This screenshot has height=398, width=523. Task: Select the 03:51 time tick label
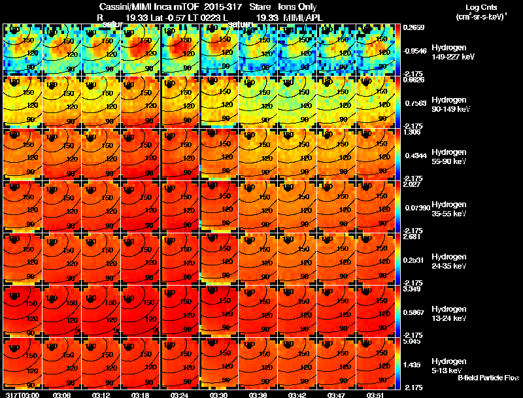375,395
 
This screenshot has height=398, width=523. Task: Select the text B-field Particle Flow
488,378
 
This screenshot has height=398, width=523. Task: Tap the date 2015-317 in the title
223,7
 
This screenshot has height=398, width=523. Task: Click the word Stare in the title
260,7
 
